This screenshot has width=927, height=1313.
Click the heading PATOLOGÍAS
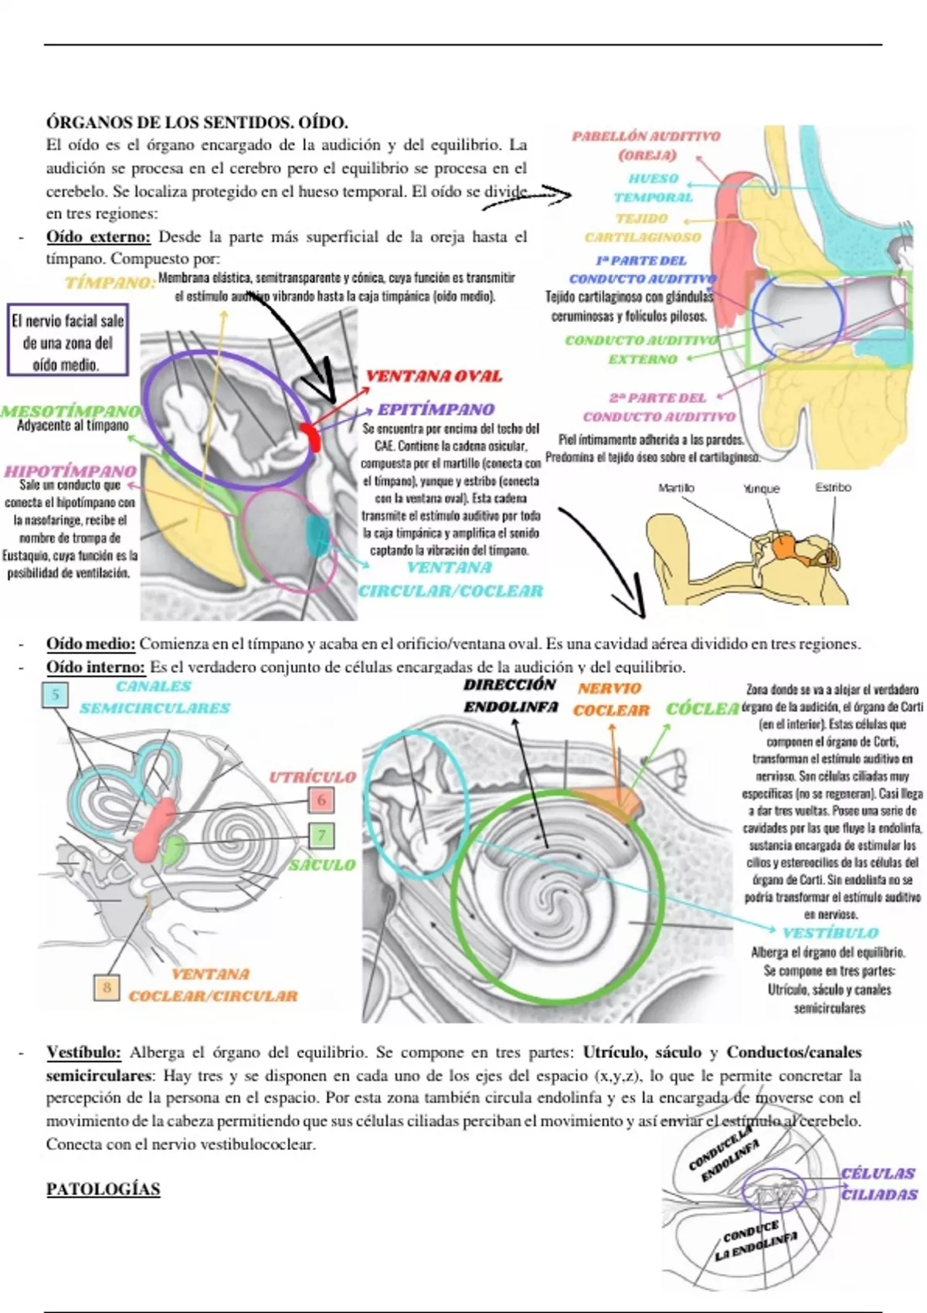click(103, 1189)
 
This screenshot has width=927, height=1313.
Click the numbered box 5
click(56, 694)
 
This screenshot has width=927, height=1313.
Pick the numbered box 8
click(107, 987)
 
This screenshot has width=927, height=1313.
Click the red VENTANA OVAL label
click(433, 376)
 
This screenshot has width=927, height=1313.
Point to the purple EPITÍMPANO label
click(436, 409)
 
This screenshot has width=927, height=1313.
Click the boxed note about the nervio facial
click(67, 342)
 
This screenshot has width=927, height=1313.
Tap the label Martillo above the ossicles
click(677, 488)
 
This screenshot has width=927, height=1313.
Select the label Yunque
click(761, 489)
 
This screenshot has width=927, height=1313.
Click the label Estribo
click(833, 487)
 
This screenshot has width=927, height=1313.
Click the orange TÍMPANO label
click(110, 282)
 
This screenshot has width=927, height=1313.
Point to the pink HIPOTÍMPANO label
click(70, 470)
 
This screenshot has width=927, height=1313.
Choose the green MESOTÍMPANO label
click(70, 411)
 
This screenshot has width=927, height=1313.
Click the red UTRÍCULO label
click(312, 777)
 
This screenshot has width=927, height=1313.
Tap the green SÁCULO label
click(322, 865)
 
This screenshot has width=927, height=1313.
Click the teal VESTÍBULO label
click(830, 933)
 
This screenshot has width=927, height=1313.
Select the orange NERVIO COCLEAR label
click(610, 699)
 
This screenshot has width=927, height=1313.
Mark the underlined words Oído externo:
click(98, 236)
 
